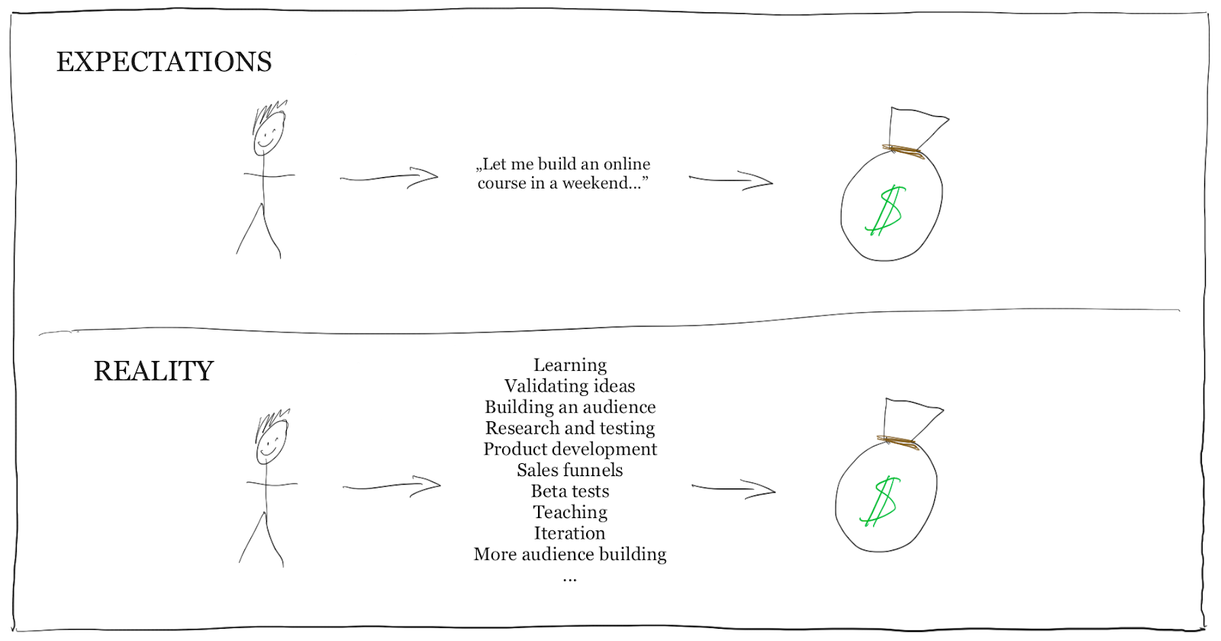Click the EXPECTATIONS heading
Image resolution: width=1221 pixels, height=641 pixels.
tap(164, 62)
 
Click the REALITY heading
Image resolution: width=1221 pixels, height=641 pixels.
tap(153, 371)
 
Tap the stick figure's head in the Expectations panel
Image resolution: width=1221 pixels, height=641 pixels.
tap(268, 134)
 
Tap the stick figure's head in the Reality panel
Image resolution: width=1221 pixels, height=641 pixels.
tap(271, 443)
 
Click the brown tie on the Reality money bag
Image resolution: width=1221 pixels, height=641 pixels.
tap(898, 442)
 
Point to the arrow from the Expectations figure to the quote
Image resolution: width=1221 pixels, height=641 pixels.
tap(389, 178)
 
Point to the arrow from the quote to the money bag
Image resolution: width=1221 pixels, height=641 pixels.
tap(731, 181)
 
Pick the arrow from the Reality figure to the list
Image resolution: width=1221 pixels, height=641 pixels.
tap(392, 486)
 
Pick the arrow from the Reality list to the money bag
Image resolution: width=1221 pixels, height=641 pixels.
tap(733, 489)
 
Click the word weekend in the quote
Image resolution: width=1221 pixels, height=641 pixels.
tap(599, 183)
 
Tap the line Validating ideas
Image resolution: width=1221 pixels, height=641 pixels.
tap(569, 386)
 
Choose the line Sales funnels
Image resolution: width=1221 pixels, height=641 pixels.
tap(569, 470)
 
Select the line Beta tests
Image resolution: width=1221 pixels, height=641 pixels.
tap(569, 491)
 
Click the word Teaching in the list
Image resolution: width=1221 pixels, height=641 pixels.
tap(569, 512)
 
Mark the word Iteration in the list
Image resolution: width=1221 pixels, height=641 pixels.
tap(569, 533)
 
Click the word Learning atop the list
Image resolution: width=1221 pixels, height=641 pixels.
tap(569, 366)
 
